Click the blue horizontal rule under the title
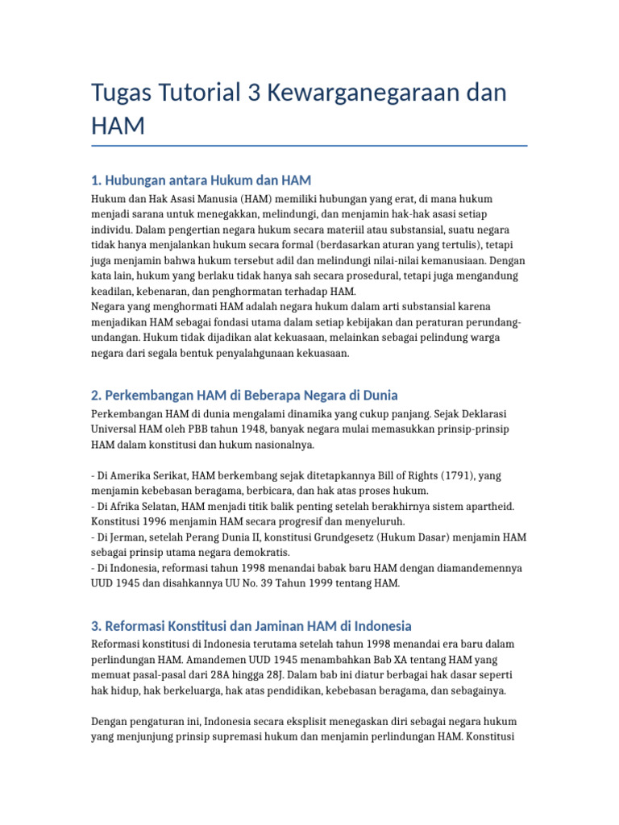click(309, 146)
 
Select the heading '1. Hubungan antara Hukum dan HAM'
click(201, 180)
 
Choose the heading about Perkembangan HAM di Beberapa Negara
click(244, 396)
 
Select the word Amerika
click(131, 476)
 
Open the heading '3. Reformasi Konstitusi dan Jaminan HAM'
click(251, 626)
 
